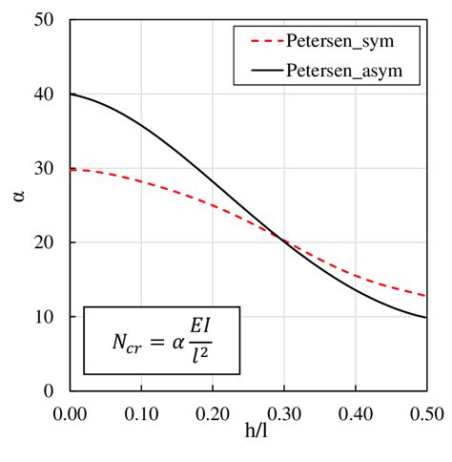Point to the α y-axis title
[x=19, y=204]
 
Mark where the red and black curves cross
[x=282, y=241]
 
